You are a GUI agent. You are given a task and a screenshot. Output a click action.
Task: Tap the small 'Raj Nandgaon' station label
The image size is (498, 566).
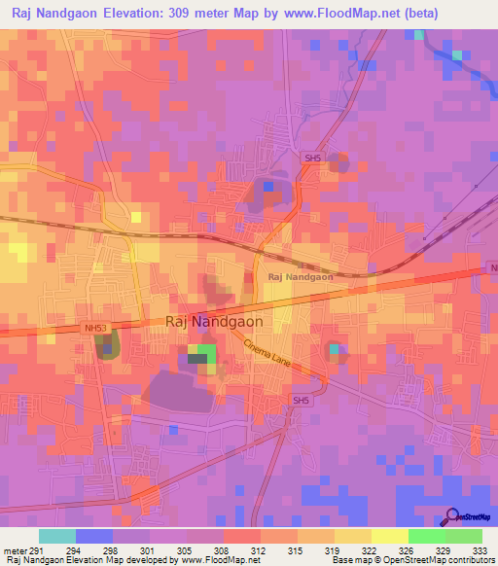click(300, 277)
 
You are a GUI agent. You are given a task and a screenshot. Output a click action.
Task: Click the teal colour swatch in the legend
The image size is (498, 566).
click(57, 536)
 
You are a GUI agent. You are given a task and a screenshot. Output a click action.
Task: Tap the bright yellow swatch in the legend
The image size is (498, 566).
click(389, 536)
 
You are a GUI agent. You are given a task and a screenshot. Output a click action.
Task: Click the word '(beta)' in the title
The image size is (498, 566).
click(415, 14)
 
